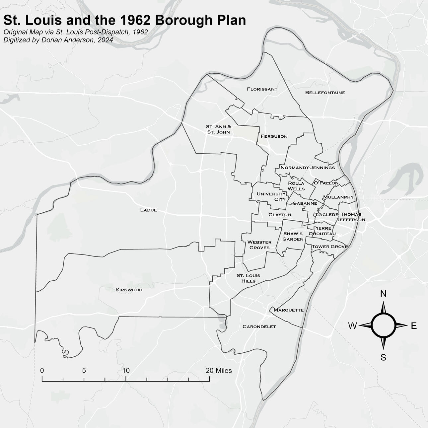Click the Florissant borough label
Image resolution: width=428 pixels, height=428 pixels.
pos(262,89)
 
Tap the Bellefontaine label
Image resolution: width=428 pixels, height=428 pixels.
pos(325,93)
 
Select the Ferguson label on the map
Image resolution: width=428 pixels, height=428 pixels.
pos(274,136)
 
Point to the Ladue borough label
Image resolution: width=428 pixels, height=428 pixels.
pos(148,210)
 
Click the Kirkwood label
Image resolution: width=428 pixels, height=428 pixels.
pos(129,290)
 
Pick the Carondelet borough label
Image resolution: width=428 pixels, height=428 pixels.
pos(259,327)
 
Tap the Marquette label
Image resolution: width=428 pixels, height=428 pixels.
pos(288,310)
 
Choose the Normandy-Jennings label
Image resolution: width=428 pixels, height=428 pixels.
pos(308,168)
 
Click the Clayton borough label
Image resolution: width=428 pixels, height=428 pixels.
pos(280,215)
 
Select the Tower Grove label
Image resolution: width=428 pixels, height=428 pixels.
pos(329,247)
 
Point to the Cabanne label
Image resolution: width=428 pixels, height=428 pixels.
pos(305,203)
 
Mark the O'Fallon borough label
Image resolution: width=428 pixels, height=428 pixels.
pos(326,183)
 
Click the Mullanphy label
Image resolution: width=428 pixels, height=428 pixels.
pos(338,197)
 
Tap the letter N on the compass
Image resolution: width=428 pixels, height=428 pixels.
pos(383,294)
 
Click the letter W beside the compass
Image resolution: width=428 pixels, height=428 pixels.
pos(352,326)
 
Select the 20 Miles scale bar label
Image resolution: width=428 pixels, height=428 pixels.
pos(219,371)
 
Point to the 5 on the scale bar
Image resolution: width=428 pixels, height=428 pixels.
pos(84,371)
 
